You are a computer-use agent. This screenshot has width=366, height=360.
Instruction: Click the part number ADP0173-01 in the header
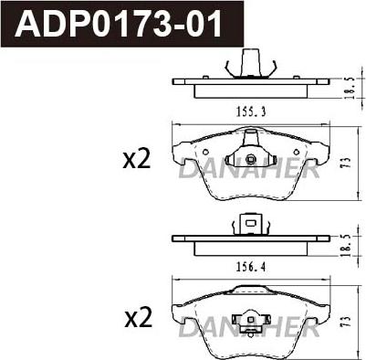(x=119, y=24)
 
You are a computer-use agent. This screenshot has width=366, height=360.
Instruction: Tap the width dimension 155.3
(x=251, y=112)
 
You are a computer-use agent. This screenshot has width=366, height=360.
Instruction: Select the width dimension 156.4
(x=251, y=267)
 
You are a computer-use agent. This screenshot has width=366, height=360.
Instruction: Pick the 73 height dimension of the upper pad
(x=348, y=164)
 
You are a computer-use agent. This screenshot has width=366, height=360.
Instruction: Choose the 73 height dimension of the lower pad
(x=348, y=322)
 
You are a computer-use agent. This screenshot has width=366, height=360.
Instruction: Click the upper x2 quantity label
(x=137, y=160)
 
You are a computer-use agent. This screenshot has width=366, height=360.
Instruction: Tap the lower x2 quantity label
(x=139, y=318)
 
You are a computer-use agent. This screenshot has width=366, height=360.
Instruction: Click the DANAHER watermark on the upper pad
(x=249, y=169)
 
